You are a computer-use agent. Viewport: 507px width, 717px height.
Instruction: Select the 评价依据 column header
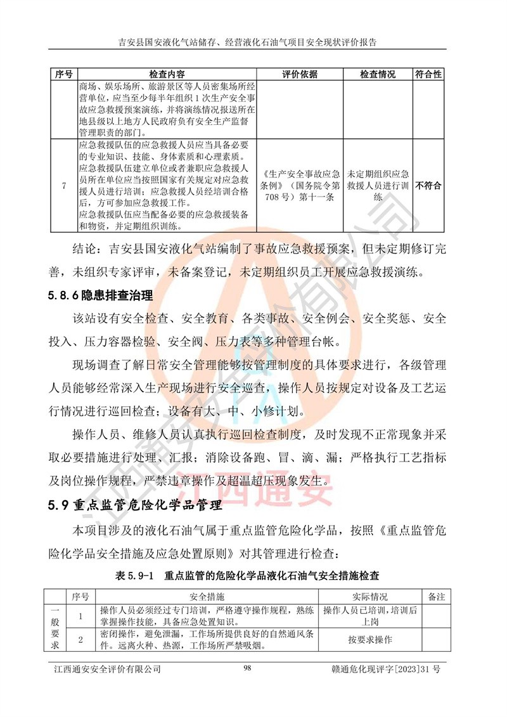coord(300,74)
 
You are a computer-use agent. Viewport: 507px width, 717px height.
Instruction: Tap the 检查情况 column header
coord(378,74)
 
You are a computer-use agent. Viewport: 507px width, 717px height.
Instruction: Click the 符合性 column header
coord(428,74)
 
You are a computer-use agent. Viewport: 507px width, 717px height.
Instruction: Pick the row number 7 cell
coord(63,186)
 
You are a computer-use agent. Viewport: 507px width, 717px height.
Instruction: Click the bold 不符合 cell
coord(428,186)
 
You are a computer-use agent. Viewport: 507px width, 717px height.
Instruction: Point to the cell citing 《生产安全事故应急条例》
coord(300,186)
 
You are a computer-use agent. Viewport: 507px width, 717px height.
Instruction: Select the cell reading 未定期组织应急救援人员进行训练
coord(378,186)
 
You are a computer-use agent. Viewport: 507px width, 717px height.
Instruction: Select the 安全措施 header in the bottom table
coord(207,597)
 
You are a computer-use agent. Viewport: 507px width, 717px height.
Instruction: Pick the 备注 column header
coord(437,597)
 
